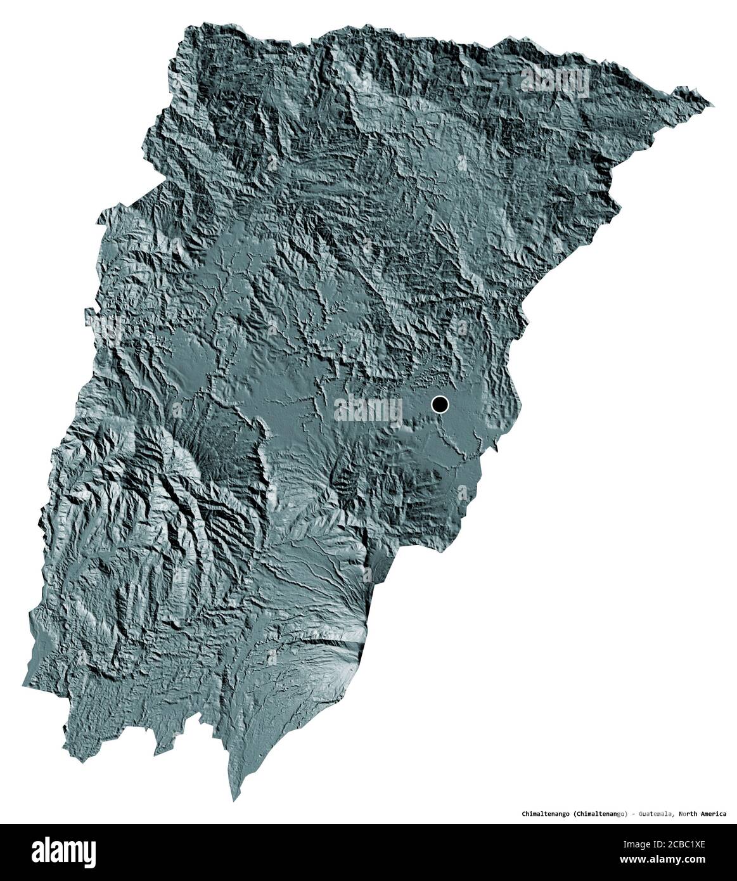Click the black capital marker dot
click(x=440, y=403)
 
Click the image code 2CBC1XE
click(x=695, y=844)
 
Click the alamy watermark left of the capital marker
click(x=368, y=409)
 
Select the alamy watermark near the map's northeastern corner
click(x=551, y=80)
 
